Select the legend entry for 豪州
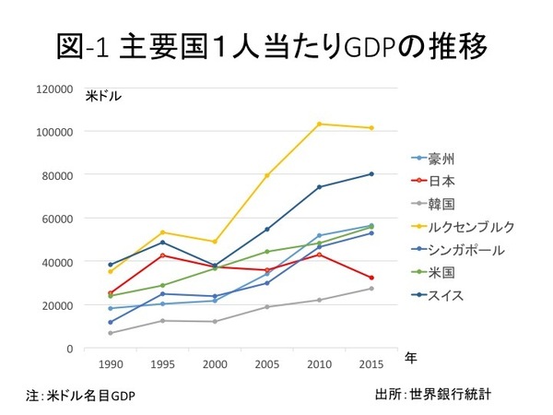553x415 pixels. click(445, 158)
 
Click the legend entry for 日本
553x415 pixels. click(445, 180)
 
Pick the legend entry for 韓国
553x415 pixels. click(445, 202)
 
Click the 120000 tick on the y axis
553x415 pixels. click(54, 89)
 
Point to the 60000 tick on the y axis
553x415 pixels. click(57, 219)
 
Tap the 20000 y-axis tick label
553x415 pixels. click(57, 305)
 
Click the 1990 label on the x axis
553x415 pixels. click(111, 363)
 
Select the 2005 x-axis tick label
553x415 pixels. click(266, 363)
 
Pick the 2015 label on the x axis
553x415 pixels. click(371, 363)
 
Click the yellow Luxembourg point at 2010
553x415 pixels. click(320, 124)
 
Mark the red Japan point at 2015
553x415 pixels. click(371, 278)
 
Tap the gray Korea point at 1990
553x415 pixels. click(111, 333)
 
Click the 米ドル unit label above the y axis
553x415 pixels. click(103, 96)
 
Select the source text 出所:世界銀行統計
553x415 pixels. click(433, 394)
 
